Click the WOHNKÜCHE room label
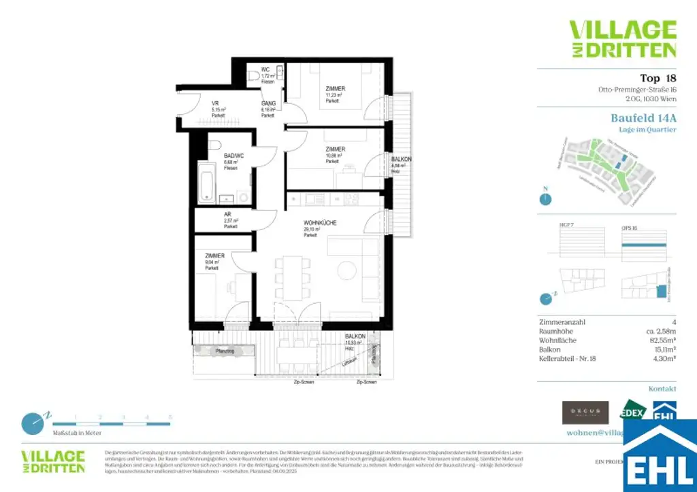[x=320, y=224]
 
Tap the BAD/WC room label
[x=233, y=155]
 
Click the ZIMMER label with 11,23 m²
[x=335, y=89]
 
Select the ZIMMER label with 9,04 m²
[x=215, y=256]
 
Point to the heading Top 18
[x=658, y=77]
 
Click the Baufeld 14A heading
[x=643, y=118]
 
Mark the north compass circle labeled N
[x=545, y=199]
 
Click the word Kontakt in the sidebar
[x=662, y=389]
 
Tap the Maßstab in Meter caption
[x=77, y=433]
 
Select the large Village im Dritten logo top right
[x=622, y=39]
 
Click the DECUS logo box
[x=585, y=412]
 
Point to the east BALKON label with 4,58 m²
[x=401, y=159]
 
